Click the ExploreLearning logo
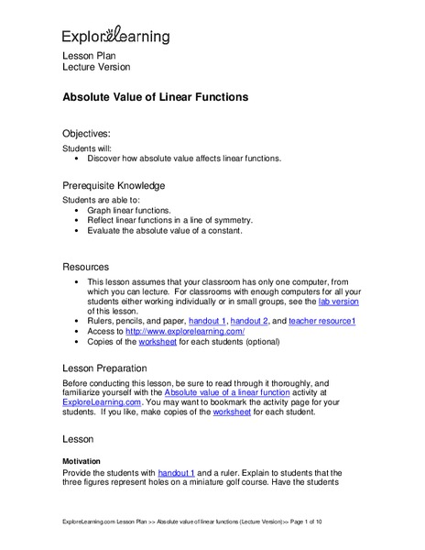click(115, 36)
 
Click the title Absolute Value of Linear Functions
click(155, 96)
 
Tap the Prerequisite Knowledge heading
click(114, 184)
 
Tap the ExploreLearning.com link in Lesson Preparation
click(101, 401)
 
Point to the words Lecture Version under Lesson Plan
click(96, 67)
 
